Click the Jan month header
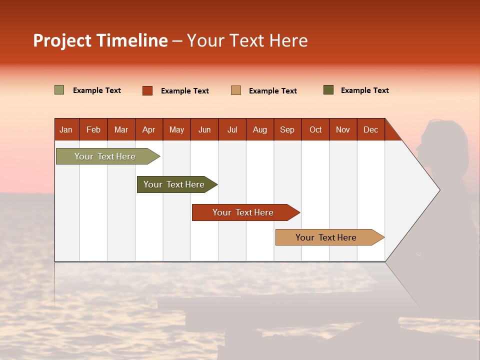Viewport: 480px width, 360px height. [x=66, y=129]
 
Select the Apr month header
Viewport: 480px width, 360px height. [x=148, y=129]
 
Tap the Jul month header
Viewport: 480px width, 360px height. [x=232, y=129]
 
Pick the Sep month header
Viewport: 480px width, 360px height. [x=287, y=129]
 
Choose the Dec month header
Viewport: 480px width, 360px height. [x=370, y=129]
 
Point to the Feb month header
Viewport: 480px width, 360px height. [x=93, y=129]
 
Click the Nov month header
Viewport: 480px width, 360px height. [x=342, y=129]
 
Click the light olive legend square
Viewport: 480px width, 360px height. [x=59, y=90]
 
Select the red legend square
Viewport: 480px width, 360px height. [x=147, y=90]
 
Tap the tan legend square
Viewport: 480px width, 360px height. [x=236, y=90]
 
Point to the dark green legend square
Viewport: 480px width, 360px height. [x=328, y=90]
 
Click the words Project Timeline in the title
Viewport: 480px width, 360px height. [x=100, y=40]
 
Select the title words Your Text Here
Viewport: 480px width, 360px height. [x=247, y=40]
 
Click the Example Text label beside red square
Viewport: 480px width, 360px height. [x=184, y=91]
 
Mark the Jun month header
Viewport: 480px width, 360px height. [x=204, y=129]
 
